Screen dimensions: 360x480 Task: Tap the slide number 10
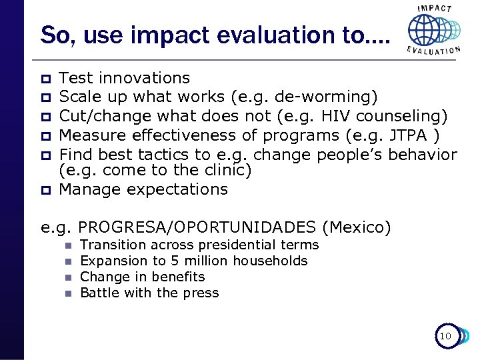(445, 337)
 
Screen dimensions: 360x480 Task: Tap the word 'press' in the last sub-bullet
(201, 293)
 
